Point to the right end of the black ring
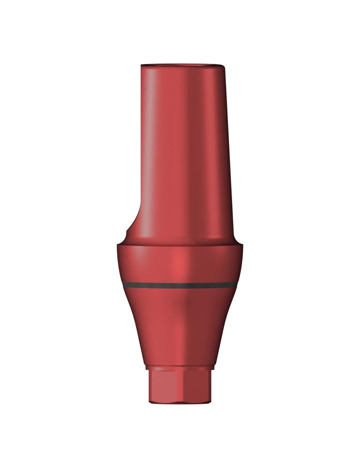click(x=237, y=284)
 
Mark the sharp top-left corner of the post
click(x=142, y=66)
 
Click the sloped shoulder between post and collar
click(x=180, y=240)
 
